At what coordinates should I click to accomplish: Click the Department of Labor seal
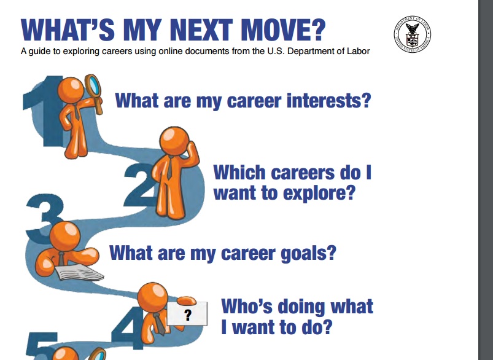point(412,34)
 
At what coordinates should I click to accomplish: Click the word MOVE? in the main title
point(283,30)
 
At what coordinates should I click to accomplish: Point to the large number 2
point(140,185)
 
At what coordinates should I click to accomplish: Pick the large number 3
point(44,217)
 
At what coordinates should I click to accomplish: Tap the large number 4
point(127,327)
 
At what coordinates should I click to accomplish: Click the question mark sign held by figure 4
point(187,314)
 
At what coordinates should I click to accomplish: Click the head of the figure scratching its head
point(174,141)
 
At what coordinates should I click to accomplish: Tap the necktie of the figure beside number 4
point(159,324)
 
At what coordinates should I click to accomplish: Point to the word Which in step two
point(239,173)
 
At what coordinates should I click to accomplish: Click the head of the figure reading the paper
point(64,237)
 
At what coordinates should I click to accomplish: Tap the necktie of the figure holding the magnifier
point(76,112)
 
